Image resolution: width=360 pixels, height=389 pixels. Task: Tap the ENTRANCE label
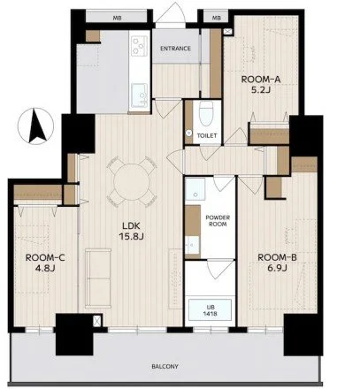[x=175, y=49]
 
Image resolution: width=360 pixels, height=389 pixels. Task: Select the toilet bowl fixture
[x=206, y=113]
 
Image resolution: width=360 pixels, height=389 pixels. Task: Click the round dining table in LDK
[x=132, y=181]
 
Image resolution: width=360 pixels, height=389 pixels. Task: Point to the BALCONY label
[x=165, y=367]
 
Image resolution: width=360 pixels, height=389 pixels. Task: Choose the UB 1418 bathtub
[x=210, y=309]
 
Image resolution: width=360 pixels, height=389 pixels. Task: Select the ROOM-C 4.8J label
[x=45, y=263]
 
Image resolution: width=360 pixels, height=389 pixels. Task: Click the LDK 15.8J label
[x=131, y=231]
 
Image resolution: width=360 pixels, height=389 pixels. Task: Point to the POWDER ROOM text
[x=218, y=221]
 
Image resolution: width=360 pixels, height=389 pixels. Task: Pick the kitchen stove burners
[x=139, y=45]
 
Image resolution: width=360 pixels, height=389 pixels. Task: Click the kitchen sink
[x=140, y=95]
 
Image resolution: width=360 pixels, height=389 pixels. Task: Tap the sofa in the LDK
[x=98, y=278]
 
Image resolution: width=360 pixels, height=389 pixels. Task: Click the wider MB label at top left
[x=117, y=18]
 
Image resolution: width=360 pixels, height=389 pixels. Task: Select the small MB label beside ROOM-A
[x=217, y=18]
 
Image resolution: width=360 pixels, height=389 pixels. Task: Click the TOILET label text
[x=207, y=135]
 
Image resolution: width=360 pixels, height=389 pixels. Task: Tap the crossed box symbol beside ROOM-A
[x=228, y=32]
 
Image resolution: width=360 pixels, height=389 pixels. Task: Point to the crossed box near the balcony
[x=96, y=321]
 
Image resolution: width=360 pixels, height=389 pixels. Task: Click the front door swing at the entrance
[x=171, y=16]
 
